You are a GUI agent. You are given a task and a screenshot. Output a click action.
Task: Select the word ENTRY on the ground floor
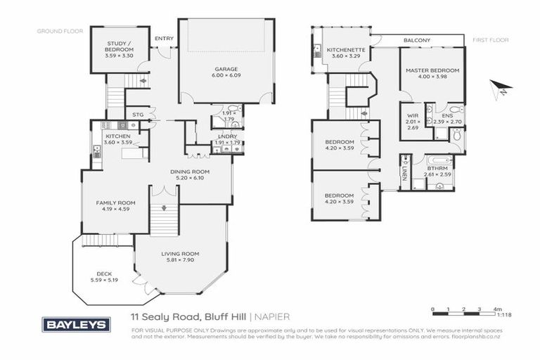click(x=163, y=39)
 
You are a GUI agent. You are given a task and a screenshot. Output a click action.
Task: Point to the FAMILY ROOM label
click(x=115, y=202)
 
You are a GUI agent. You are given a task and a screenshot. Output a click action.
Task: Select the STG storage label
click(x=139, y=115)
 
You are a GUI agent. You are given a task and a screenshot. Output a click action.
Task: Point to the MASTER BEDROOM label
click(x=432, y=70)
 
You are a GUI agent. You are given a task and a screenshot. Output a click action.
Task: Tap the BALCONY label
click(x=417, y=41)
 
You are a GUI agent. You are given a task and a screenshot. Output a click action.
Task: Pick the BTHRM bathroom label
click(x=437, y=169)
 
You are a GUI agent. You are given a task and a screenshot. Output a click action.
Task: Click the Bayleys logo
click(x=77, y=324)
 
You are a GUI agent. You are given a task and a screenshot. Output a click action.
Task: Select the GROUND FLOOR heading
click(x=60, y=31)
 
